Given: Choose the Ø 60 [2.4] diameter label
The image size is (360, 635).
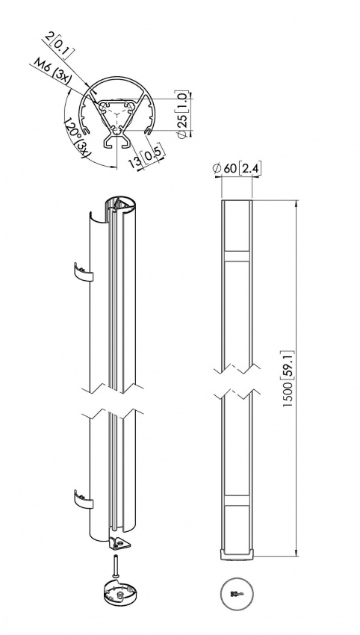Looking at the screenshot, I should pos(237,169).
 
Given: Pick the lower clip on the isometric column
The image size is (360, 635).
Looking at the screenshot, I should pos(84,500).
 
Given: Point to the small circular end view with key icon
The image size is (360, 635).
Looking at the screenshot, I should pos(238,595).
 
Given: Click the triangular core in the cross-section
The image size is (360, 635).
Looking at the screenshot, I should pos(118,115).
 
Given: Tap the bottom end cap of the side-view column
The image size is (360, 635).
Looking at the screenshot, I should pos(238,554).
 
